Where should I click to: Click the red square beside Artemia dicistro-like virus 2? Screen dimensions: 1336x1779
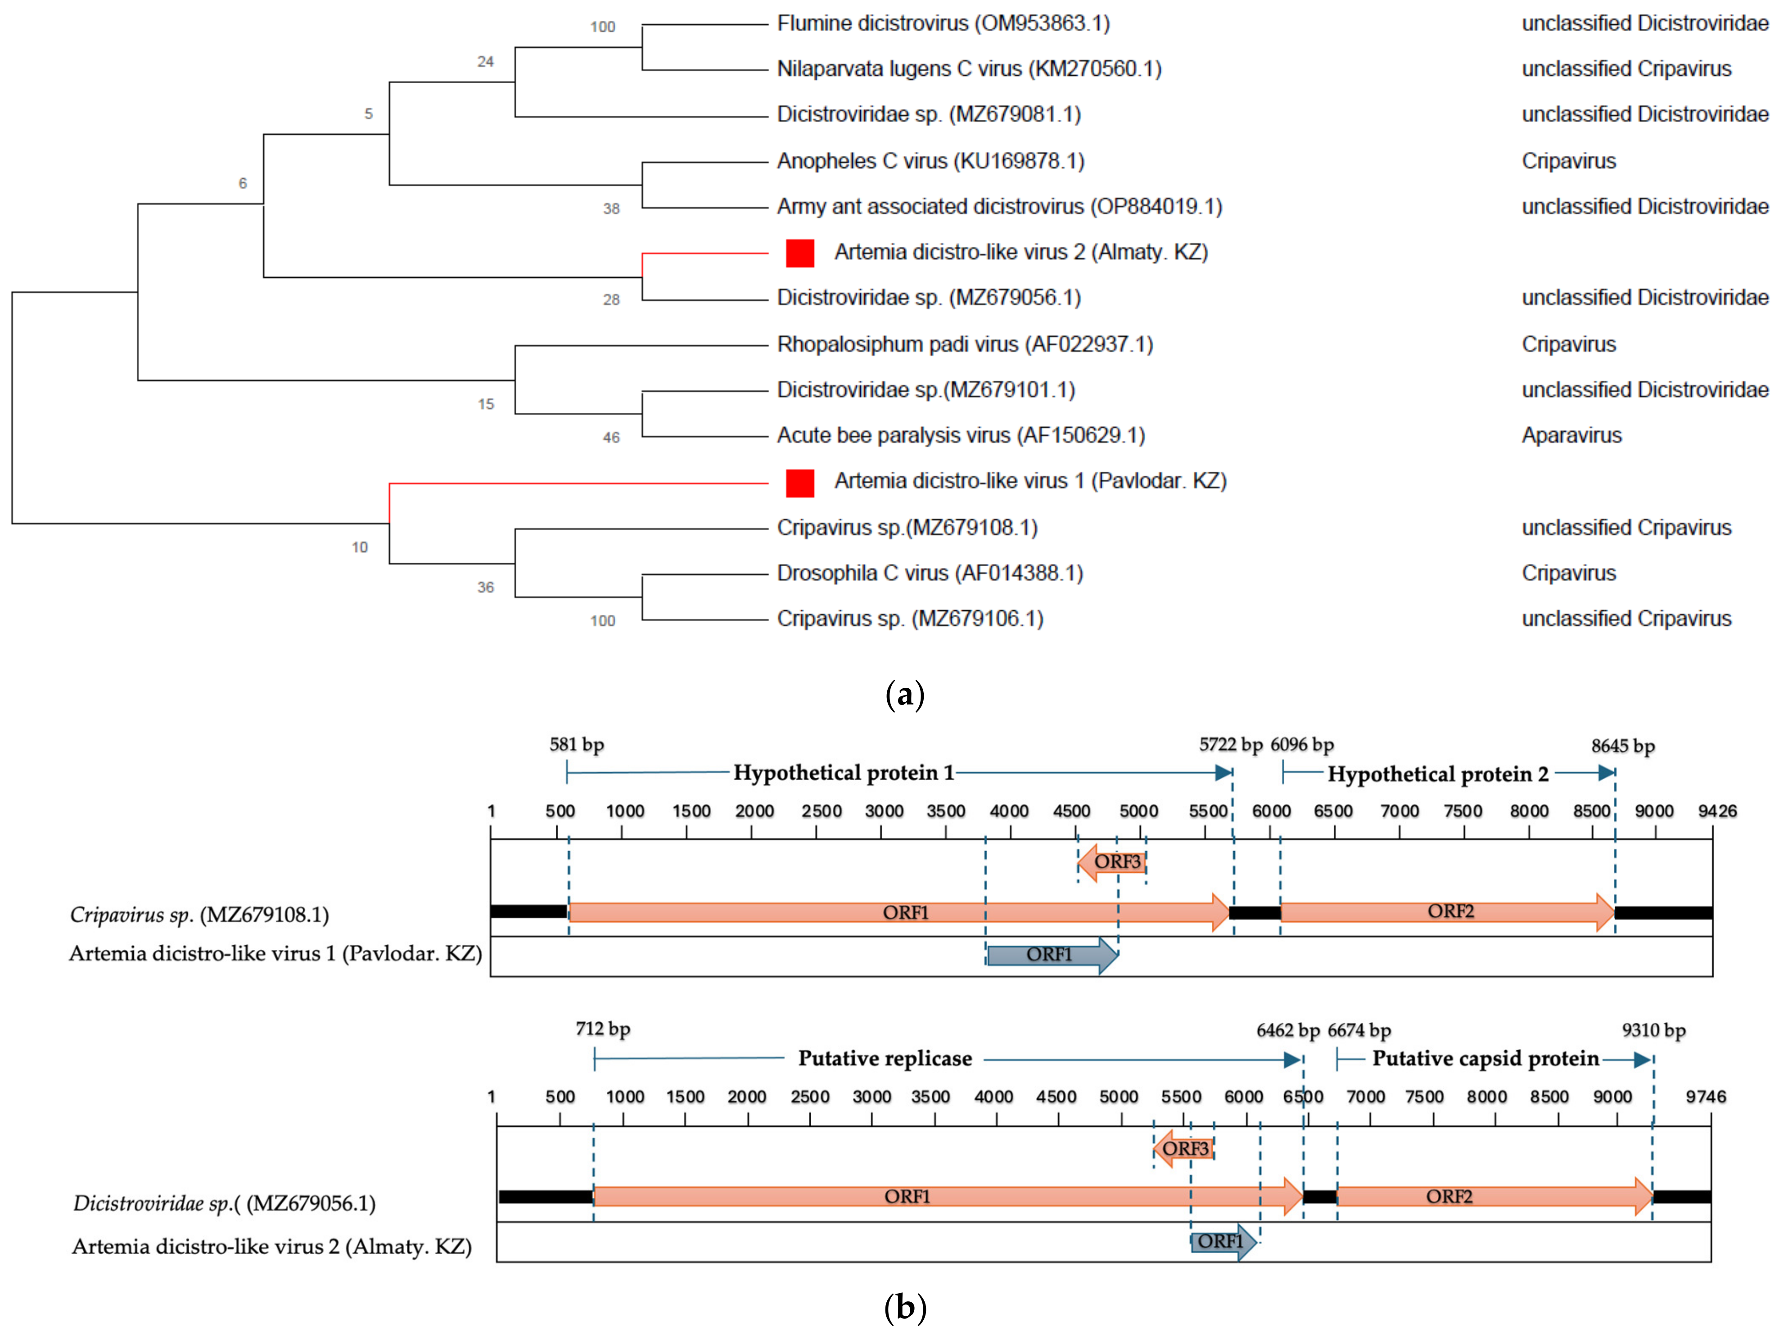click(x=799, y=253)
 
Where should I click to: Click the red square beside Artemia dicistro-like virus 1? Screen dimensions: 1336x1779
click(x=799, y=483)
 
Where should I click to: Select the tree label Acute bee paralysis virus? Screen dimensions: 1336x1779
click(x=960, y=435)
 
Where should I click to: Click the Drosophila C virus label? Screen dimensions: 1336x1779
click(x=930, y=573)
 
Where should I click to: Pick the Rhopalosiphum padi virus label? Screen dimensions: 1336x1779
click(x=964, y=344)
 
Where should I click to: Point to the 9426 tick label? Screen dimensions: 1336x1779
click(x=1717, y=811)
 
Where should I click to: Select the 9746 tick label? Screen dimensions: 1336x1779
click(x=1706, y=1097)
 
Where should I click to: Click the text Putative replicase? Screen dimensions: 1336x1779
click(x=885, y=1059)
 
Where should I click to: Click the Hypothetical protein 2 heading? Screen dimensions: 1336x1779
click(x=1438, y=774)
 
